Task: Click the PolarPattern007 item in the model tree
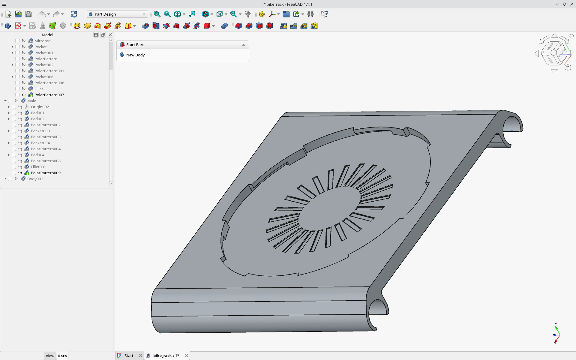pos(49,95)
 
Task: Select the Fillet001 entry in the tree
pos(38,167)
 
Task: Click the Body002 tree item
pos(35,179)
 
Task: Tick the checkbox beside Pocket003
pos(14,131)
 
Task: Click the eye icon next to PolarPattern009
pos(20,173)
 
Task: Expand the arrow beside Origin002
pos(9,107)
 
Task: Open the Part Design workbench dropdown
pos(117,14)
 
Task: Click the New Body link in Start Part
pos(135,55)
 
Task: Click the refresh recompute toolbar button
pos(74,14)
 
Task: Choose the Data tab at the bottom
pos(62,356)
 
